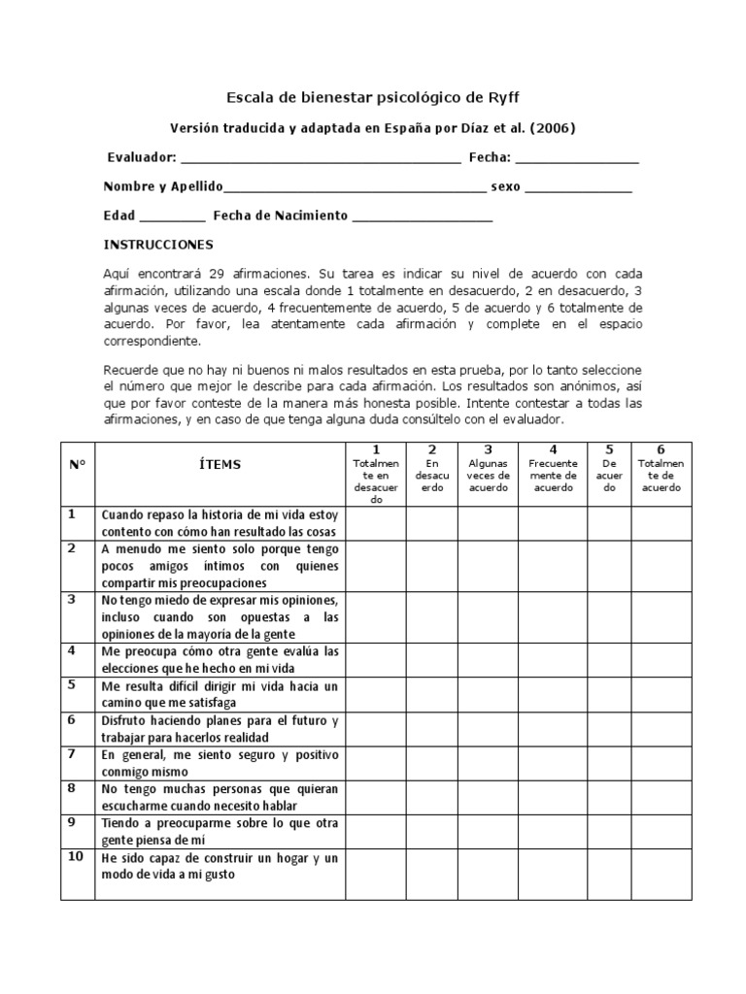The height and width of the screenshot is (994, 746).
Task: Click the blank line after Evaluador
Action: tap(321, 159)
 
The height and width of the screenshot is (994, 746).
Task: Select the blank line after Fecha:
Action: tap(576, 159)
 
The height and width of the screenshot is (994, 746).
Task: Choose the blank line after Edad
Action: tap(173, 217)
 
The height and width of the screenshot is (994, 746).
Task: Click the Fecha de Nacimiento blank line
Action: tap(423, 217)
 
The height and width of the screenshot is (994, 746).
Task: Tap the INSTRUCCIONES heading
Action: tap(158, 245)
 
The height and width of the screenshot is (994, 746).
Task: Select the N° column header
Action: tap(78, 464)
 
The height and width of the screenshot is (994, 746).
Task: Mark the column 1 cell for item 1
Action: tap(376, 522)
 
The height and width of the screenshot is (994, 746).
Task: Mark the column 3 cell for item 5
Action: tap(489, 694)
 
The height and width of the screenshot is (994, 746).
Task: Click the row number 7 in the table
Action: tap(72, 753)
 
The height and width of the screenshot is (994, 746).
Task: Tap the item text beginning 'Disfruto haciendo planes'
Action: tap(220, 728)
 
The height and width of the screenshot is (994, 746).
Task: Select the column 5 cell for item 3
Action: tap(610, 616)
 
